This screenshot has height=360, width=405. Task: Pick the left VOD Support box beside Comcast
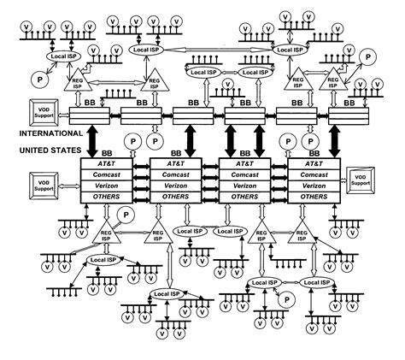tap(43, 182)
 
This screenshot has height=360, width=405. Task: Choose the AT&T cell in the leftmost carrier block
tap(113, 161)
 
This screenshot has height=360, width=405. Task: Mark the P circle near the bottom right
tap(287, 298)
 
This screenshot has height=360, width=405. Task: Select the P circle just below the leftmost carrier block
tap(126, 214)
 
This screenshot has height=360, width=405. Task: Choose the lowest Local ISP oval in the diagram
tap(167, 294)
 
